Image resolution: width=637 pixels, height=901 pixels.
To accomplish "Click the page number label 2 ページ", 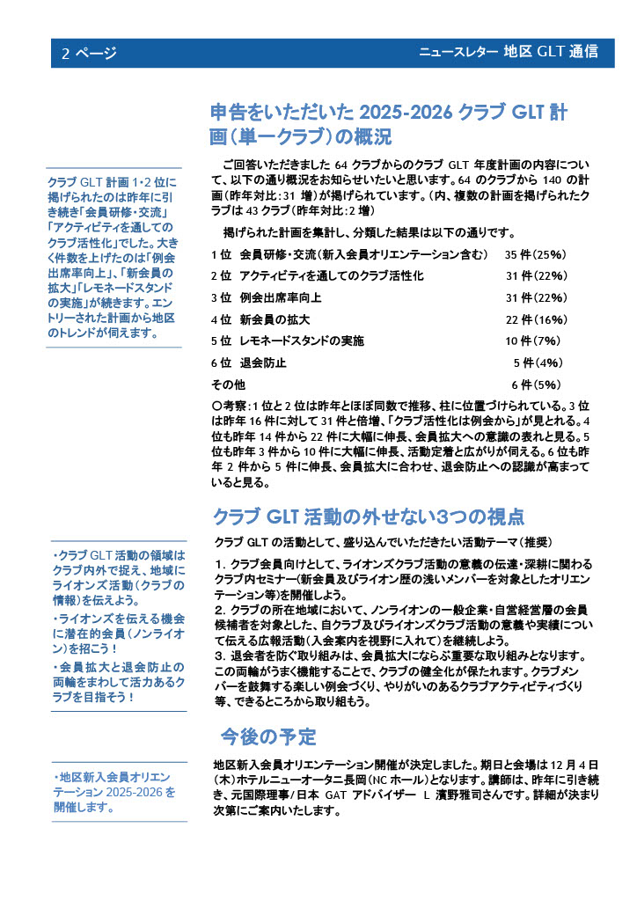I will coord(89,53).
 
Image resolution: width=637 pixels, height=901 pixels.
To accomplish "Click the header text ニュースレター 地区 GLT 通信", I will coord(509,52).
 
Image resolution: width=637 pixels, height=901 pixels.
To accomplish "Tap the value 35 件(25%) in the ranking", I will coord(536,255).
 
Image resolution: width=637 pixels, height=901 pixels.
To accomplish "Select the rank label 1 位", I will coord(221,255).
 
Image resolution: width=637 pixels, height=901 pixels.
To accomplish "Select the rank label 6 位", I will coord(221,363).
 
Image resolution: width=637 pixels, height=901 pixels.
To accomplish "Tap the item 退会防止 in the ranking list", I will coord(262,363).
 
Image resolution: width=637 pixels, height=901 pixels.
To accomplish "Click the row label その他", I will coord(228,385).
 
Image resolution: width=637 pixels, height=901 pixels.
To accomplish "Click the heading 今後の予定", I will coord(268,736).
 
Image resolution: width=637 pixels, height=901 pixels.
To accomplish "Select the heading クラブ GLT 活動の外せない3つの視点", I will coord(370,516).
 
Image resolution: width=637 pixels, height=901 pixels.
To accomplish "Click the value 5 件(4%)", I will coord(538,363).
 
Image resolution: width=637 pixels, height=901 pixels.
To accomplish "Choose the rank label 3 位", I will coord(221,298).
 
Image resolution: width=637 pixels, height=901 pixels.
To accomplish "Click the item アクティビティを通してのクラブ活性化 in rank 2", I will coord(332,276).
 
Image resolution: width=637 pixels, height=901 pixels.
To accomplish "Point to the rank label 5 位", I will coord(221,341).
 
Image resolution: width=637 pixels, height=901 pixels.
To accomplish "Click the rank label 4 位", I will coord(221,319).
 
